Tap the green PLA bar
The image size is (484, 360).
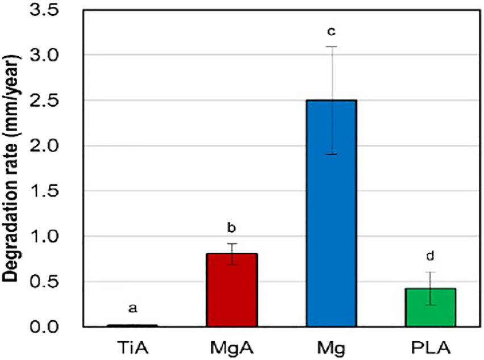[431, 308]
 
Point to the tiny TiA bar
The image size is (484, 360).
[132, 325]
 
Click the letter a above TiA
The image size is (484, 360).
[132, 308]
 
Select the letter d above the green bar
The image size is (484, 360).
[431, 256]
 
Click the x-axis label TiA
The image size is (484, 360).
[133, 345]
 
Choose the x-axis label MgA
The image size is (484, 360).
[232, 345]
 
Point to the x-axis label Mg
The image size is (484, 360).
[331, 345]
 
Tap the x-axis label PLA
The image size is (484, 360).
[431, 345]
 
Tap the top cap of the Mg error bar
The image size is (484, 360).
[331, 47]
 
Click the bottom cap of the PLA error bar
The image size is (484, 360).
[431, 305]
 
